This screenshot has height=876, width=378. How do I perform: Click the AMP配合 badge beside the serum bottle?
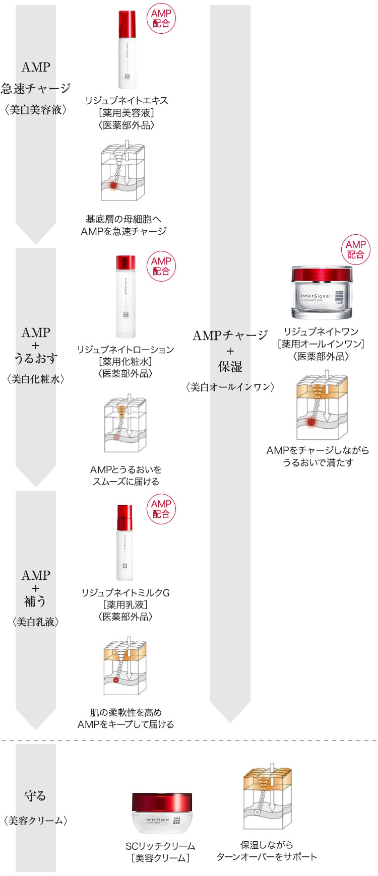click(x=161, y=19)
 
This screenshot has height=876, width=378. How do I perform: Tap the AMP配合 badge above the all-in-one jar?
click(x=355, y=250)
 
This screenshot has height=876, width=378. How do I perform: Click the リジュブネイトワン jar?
click(x=322, y=293)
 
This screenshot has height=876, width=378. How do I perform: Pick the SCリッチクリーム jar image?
click(x=162, y=813)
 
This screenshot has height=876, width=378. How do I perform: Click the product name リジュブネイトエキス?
click(x=127, y=101)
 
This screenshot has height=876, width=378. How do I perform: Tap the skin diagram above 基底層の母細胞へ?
click(x=123, y=172)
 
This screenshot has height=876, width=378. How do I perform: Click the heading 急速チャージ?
click(x=36, y=89)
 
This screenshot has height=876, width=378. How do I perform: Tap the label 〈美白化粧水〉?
click(x=36, y=379)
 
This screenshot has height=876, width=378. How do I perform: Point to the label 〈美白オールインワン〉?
click(x=230, y=387)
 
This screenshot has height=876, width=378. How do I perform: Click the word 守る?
click(x=35, y=796)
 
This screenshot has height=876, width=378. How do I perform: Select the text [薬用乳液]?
click(x=125, y=604)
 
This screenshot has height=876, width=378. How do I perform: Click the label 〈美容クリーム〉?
click(x=36, y=821)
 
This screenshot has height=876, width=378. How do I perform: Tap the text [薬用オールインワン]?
click(x=321, y=344)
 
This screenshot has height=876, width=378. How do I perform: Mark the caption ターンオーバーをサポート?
click(x=267, y=857)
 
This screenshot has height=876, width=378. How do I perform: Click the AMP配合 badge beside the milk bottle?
click(x=161, y=509)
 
